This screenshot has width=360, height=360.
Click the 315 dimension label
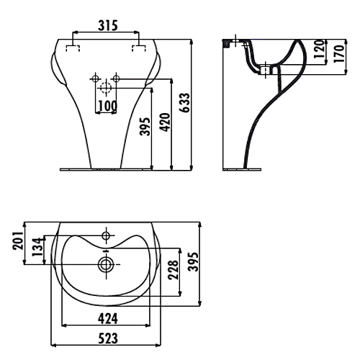(108, 26)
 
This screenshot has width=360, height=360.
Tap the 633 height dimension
(185, 102)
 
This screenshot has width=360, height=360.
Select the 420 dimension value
(166, 122)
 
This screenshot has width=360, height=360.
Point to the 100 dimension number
(108, 106)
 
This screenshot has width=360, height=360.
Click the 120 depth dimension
(319, 49)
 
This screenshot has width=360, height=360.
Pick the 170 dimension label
(339, 54)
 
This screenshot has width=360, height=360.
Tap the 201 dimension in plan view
(18, 240)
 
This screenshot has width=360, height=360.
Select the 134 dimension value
(37, 247)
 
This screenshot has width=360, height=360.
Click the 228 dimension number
(174, 270)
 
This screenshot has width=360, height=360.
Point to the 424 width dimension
(108, 319)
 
